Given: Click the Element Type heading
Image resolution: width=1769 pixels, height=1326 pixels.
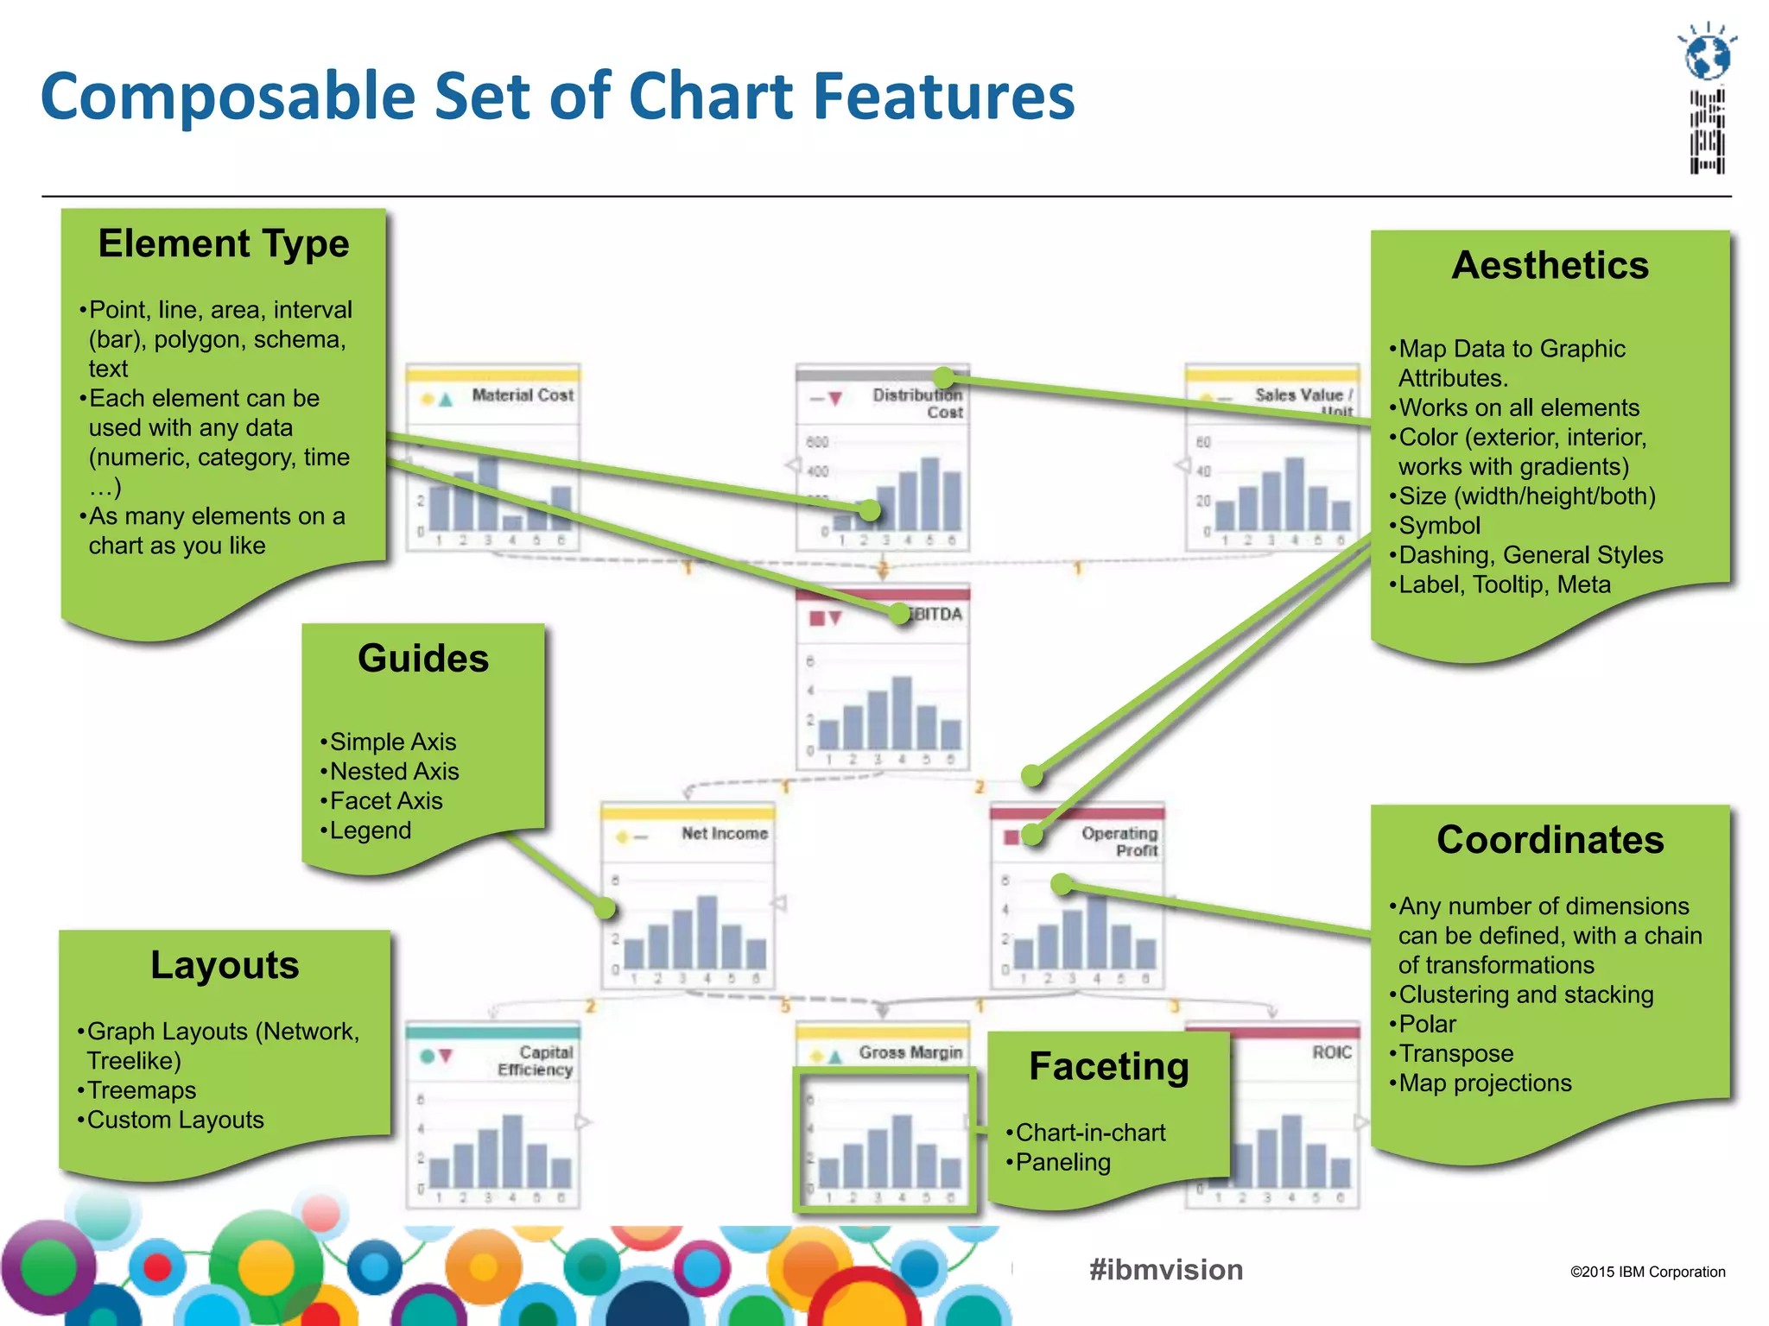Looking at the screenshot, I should click(224, 244).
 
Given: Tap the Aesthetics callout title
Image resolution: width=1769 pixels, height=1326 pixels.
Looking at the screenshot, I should click(1550, 265).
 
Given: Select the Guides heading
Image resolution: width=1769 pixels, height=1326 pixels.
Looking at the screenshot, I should click(423, 659).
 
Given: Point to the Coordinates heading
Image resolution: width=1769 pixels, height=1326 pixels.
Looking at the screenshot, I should click(1550, 840).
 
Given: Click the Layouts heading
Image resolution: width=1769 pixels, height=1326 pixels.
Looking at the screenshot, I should click(225, 965).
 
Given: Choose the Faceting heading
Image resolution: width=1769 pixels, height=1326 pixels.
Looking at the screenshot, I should click(1109, 1067).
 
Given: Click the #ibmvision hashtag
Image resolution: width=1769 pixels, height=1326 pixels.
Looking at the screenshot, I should click(1166, 1270).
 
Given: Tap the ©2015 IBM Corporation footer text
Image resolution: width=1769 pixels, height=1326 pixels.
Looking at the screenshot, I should click(1647, 1272).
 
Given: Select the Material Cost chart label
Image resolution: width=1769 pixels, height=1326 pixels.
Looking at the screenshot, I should click(522, 395).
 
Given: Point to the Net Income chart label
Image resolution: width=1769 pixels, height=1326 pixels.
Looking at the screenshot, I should click(724, 833).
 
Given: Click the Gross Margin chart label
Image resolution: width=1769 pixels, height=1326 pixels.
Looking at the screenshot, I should click(910, 1052).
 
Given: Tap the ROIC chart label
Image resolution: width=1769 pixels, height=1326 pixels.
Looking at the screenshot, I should click(1331, 1052).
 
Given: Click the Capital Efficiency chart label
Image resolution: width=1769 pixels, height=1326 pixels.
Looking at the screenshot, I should click(536, 1061).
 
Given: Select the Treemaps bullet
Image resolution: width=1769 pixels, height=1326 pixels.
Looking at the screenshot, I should click(142, 1090).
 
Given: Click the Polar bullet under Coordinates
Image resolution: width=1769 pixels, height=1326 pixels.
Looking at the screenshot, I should click(1427, 1025).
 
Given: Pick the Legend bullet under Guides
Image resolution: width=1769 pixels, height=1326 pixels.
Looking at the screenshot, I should click(370, 830).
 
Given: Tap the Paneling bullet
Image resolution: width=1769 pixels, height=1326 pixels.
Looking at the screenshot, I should click(1062, 1162).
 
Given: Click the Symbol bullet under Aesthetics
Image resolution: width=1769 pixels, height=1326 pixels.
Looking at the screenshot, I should click(1439, 526).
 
